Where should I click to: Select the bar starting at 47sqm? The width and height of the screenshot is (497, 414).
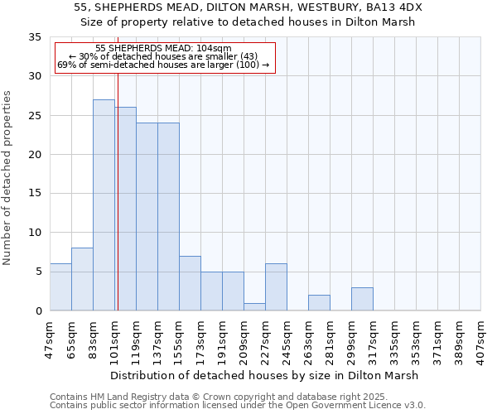60,287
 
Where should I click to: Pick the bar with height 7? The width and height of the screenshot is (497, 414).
190,283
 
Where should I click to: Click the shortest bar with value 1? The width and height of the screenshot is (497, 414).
254,306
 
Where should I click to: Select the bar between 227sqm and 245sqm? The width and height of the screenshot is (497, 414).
276,287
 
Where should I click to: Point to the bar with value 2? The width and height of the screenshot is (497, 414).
319,303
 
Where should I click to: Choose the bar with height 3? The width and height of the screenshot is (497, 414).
362,299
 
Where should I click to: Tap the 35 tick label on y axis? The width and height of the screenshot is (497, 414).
35,37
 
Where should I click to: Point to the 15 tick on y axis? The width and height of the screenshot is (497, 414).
35,194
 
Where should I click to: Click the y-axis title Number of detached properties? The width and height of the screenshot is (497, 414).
8,178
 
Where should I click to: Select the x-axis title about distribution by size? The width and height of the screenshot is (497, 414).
264,375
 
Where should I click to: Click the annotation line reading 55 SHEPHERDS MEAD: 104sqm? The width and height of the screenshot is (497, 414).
163,49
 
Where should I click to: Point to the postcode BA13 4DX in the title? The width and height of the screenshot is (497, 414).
398,7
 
